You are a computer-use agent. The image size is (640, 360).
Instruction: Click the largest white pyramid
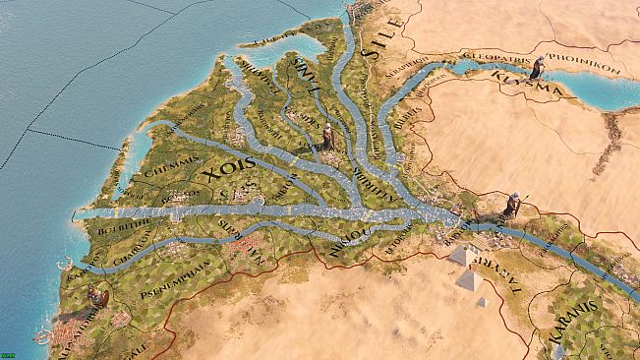click(462, 256)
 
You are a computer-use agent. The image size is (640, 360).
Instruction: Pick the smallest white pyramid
click(482, 302)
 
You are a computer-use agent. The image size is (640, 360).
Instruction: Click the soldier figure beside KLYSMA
click(537, 67)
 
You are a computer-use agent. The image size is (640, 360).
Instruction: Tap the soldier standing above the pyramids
click(511, 205)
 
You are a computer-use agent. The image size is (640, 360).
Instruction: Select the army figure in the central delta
click(327, 138)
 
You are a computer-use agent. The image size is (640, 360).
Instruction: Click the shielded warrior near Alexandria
click(97, 296)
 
